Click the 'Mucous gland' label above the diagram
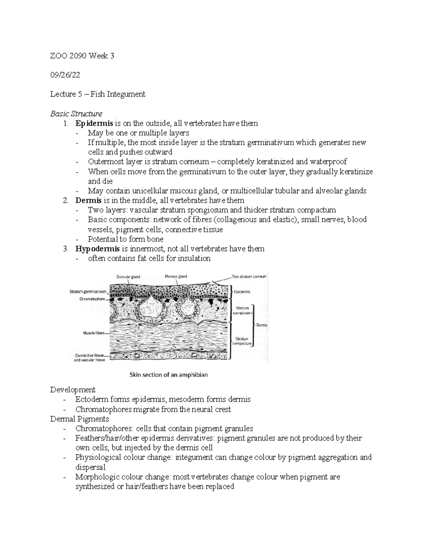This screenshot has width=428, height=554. (x=175, y=276)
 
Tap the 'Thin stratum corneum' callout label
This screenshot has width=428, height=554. (x=249, y=276)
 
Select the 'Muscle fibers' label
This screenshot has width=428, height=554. (x=94, y=333)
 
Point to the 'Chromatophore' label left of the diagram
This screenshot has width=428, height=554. (x=92, y=299)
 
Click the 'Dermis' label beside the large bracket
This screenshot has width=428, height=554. (x=261, y=325)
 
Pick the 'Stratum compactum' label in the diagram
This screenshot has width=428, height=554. (x=242, y=341)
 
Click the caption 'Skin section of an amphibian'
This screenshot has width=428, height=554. (x=168, y=375)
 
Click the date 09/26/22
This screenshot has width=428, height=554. (x=65, y=75)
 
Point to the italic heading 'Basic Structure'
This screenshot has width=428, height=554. (x=76, y=114)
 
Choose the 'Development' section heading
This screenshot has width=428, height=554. (x=73, y=390)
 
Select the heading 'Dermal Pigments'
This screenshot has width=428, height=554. (x=80, y=419)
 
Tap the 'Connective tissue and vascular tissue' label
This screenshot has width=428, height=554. (x=90, y=357)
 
